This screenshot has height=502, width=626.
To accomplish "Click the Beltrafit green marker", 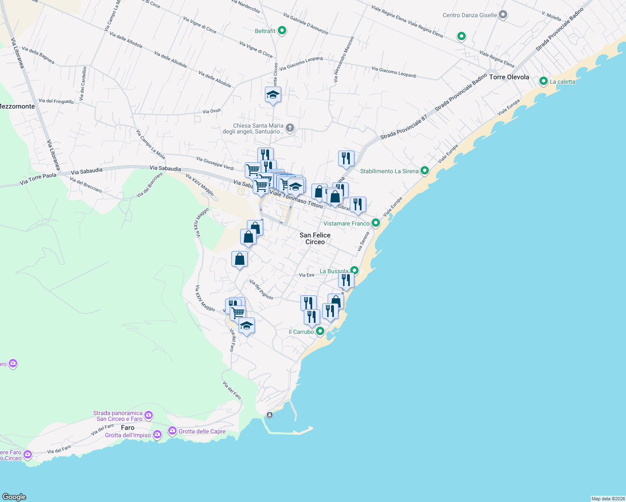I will (282, 31).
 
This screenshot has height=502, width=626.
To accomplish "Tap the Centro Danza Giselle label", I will (470, 15).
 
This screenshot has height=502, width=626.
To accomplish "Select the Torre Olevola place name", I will (509, 77).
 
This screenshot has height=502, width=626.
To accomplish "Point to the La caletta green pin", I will (544, 81).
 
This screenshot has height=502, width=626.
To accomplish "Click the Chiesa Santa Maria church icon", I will (290, 128).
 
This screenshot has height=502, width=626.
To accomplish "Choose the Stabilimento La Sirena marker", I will (425, 171).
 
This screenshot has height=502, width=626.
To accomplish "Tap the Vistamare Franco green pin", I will (376, 223).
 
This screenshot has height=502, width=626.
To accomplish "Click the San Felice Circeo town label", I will (315, 238).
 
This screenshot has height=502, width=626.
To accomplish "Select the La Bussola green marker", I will (354, 271).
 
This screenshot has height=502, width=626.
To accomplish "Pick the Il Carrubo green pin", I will (320, 331).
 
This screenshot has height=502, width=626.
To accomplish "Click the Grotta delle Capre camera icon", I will (172, 431).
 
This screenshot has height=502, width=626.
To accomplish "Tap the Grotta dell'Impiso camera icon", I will (157, 435).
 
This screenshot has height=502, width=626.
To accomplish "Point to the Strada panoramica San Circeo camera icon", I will (149, 416).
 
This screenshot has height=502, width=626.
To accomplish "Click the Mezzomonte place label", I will (17, 106).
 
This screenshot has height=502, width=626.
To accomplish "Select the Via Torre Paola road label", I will (38, 179).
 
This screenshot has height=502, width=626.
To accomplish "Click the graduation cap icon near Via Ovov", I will (273, 95).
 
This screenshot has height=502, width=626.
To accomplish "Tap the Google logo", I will (14, 497).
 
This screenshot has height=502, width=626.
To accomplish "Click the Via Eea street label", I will (306, 275).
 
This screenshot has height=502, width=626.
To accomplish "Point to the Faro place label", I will (128, 428).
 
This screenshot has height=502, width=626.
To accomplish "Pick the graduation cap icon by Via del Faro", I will (246, 326).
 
